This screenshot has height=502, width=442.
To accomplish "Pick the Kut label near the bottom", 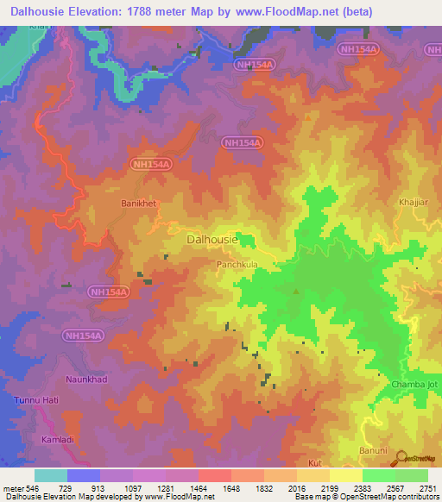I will point(314,463).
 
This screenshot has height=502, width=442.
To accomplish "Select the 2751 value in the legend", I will point(426,488).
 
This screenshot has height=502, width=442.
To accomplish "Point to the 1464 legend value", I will point(198,488).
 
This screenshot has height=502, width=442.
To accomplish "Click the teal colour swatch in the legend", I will point(50,475).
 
